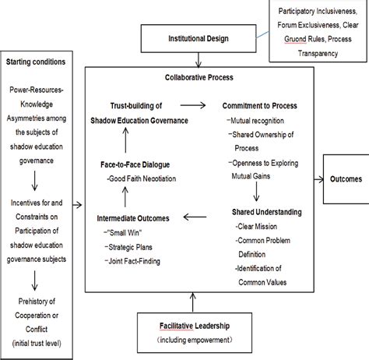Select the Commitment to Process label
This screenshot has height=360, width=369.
coord(261,104)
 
